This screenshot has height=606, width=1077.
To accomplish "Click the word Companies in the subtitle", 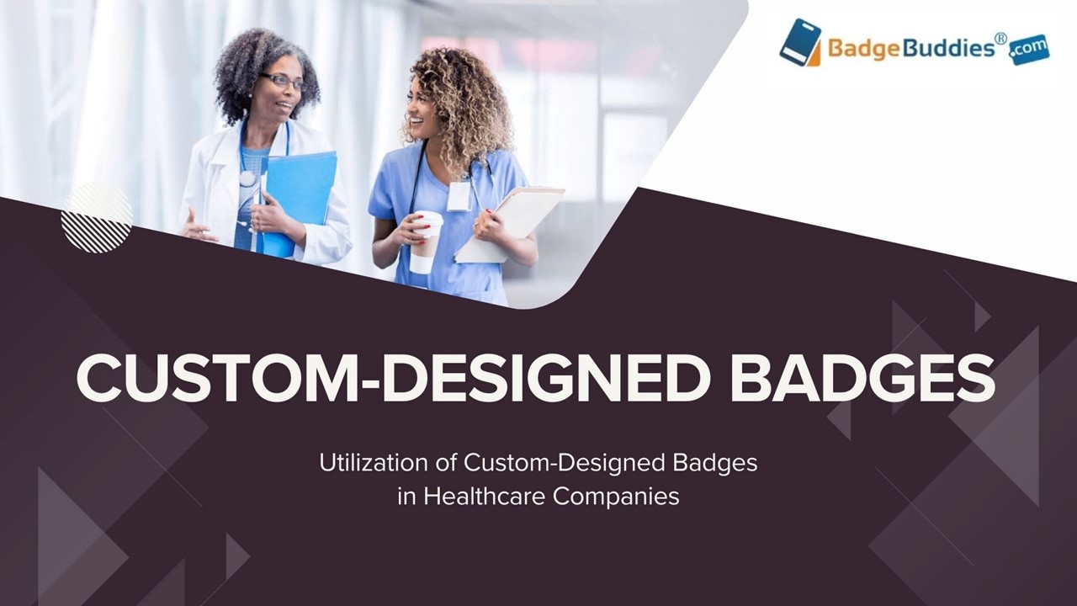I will coord(616,496).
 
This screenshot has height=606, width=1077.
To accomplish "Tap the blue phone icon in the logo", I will coord(799,42).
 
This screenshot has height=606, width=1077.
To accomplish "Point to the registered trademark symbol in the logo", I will coord(1000,38).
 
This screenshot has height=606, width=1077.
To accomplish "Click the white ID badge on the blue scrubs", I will coord(459,196).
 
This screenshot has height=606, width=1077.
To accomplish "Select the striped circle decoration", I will coord(97,217).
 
